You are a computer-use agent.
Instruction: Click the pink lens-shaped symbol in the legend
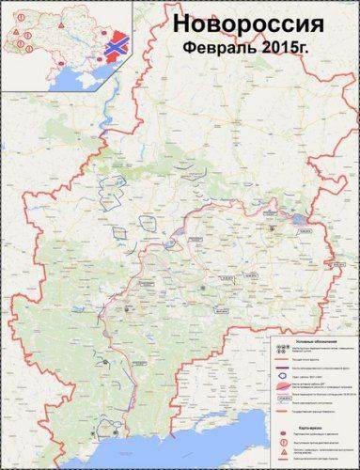pyautogui.click(x=283, y=385)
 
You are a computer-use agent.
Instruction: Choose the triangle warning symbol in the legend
pyautogui.click(x=283, y=452)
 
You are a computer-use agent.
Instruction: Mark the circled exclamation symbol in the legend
pyautogui.click(x=283, y=442)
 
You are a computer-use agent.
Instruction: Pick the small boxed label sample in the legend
pyautogui.click(x=283, y=397)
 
